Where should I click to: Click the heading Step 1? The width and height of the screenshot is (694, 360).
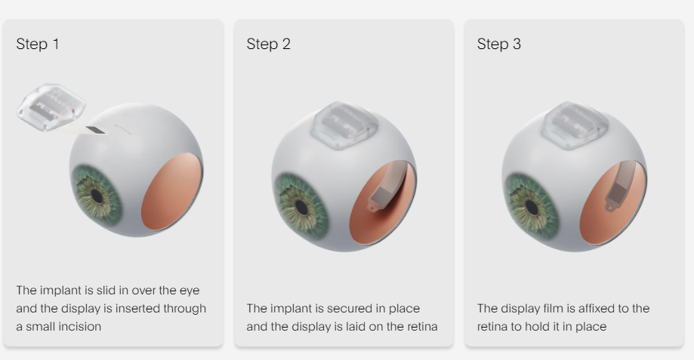38,44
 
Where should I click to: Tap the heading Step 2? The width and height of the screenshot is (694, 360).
268,44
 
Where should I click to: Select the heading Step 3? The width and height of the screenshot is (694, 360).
498,44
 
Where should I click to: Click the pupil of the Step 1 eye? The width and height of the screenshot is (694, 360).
97,195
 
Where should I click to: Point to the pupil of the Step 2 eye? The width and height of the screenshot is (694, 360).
301,206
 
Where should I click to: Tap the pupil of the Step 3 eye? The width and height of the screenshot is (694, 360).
532,206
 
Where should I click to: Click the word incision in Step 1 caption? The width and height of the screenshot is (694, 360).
79,327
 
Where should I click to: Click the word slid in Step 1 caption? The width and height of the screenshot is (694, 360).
105,291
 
